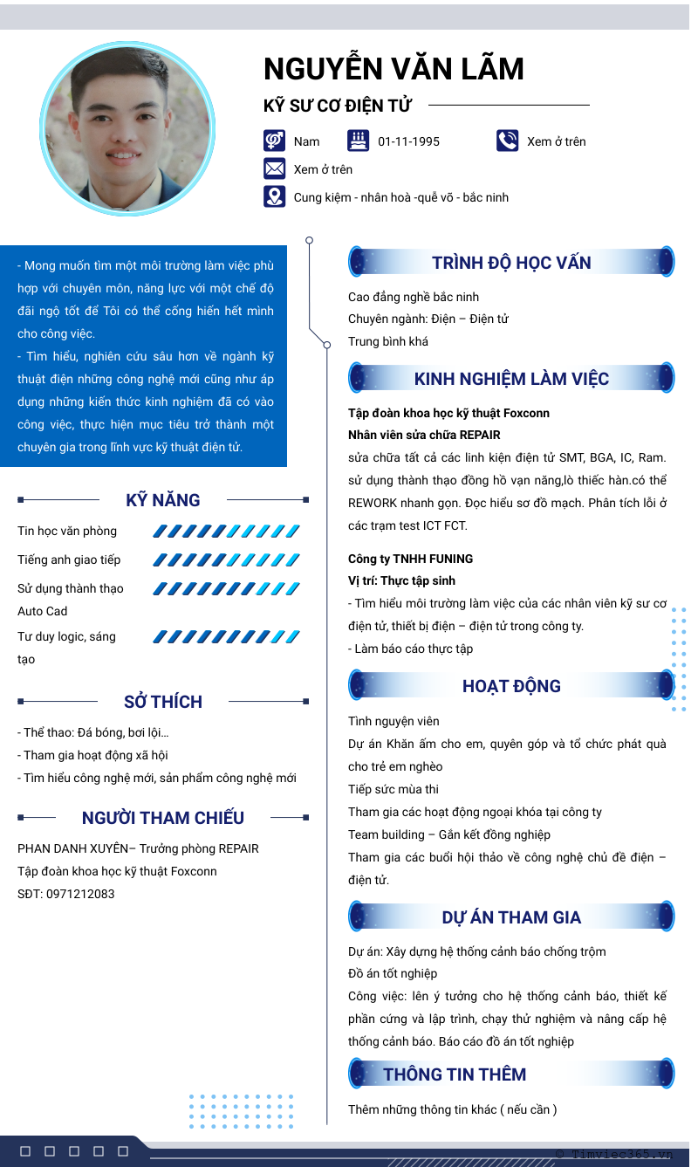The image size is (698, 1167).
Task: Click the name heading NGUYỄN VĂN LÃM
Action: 393,69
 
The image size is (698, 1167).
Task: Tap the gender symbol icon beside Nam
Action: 274,141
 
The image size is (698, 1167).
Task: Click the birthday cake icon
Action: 358,141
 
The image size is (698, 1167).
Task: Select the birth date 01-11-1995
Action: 408,141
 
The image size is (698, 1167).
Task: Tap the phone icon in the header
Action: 507,141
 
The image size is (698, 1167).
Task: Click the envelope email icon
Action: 274,168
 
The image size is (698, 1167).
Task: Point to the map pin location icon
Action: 274,196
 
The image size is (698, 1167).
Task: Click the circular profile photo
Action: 127,129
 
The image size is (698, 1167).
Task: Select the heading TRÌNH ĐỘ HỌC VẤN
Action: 511,263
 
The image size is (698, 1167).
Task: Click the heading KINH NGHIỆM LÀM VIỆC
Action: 511,379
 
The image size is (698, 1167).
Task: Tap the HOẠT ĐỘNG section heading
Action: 511,686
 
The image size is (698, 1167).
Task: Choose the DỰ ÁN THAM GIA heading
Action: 511,917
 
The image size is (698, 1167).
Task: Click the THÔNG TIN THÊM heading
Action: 455,1074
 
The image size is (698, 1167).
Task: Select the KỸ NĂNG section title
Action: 163,500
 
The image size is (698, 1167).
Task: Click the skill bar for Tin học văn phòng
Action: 226,531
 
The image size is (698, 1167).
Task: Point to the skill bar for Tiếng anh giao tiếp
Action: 226,559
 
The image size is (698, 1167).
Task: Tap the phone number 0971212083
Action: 80,894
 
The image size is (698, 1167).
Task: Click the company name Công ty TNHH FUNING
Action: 410,559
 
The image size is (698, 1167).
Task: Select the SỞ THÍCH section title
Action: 163,702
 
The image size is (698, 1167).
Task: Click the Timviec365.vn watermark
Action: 615,1154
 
